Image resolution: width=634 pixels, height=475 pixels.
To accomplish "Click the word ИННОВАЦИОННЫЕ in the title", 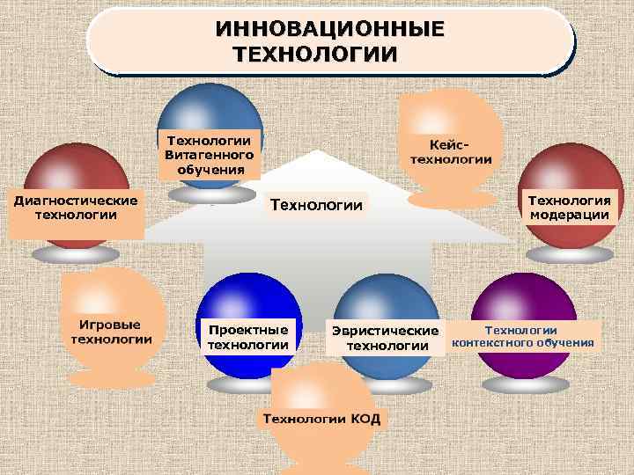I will [330, 28].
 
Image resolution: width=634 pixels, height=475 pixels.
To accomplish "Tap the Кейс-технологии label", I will [450, 150].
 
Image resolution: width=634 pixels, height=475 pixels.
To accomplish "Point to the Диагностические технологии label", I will [75, 208].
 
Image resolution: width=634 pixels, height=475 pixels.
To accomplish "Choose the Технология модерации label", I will [570, 208].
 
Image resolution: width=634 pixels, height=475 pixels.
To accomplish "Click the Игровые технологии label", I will [112, 332].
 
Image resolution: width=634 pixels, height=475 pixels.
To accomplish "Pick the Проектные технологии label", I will [247, 337].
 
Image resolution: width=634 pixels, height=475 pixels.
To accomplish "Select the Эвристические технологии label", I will [384, 338].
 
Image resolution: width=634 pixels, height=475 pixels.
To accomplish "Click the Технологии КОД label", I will [321, 419].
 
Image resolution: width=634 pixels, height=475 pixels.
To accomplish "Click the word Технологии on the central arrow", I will [316, 206].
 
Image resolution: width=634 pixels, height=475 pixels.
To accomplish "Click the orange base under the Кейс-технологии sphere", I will [452, 200].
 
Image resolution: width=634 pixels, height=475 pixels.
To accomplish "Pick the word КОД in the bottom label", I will [365, 419].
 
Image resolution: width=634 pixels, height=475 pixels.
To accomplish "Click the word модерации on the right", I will [570, 215].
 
